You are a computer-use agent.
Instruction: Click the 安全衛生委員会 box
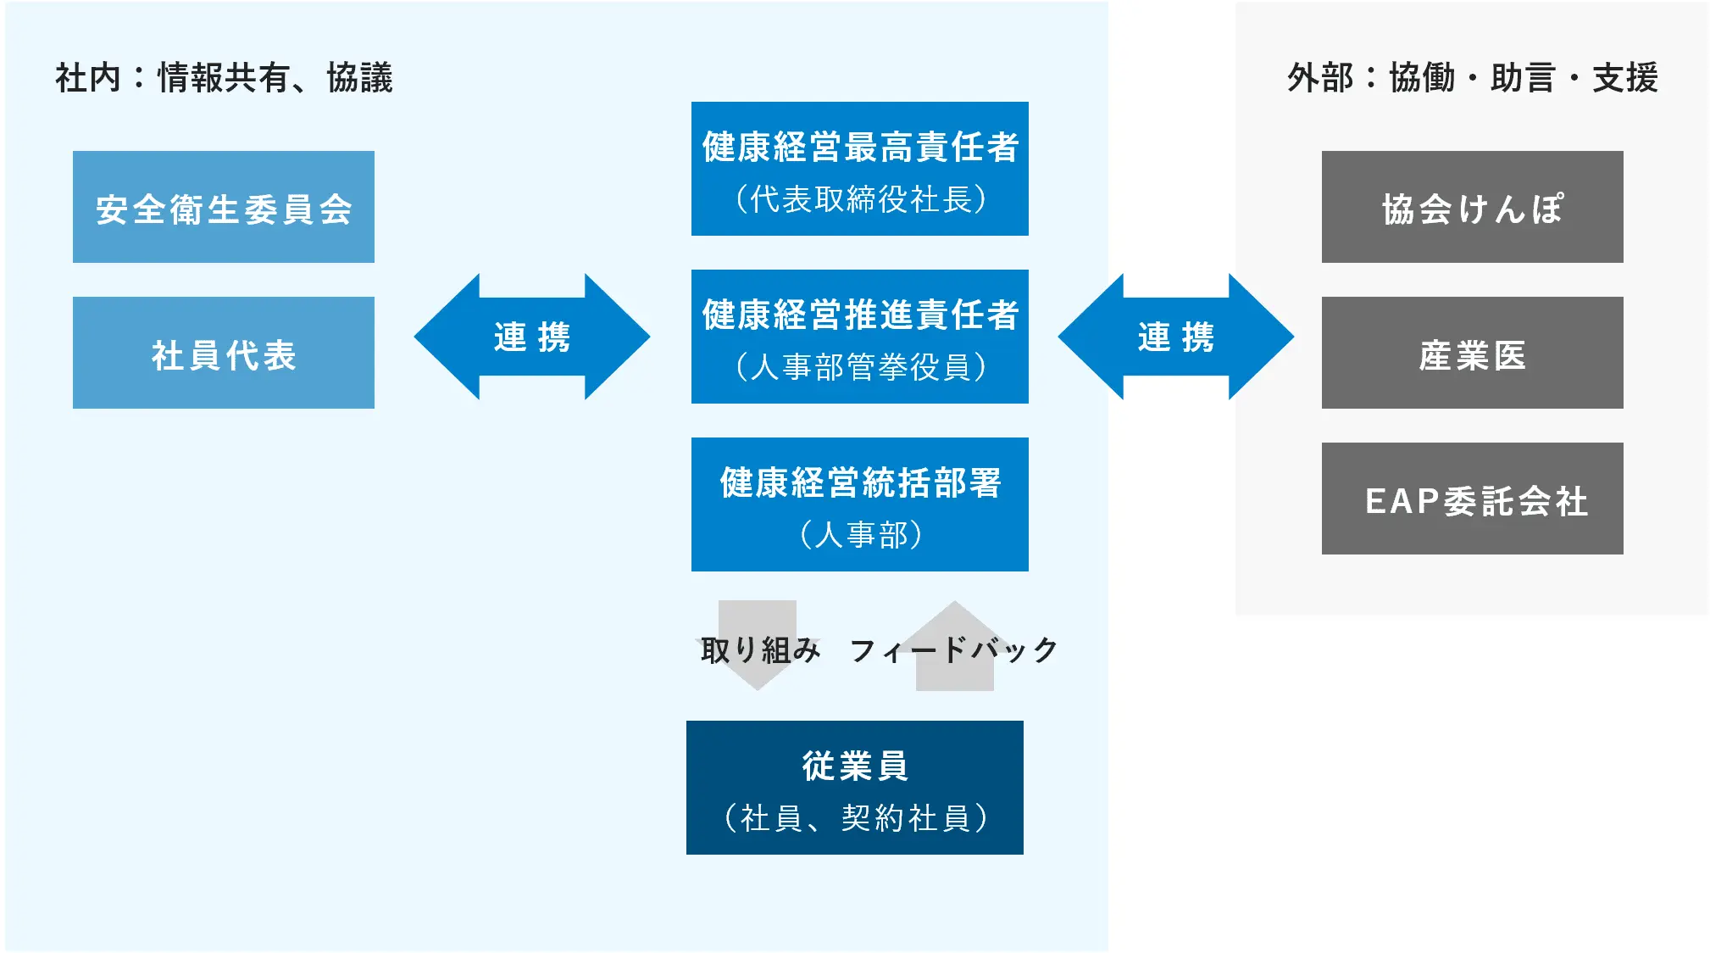(x=223, y=207)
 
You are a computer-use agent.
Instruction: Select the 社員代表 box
(x=223, y=353)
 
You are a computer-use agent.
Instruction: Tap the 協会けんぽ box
(x=1472, y=207)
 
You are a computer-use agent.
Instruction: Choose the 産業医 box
(x=1472, y=353)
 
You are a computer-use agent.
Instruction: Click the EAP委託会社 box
(x=1472, y=499)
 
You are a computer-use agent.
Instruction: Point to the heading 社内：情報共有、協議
(x=224, y=78)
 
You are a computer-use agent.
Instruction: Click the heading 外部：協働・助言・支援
(x=1472, y=78)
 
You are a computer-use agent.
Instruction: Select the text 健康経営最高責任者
(x=859, y=147)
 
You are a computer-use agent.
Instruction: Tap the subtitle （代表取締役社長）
(x=859, y=199)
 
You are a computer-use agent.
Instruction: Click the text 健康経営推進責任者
(x=859, y=315)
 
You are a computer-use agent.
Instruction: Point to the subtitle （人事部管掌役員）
(x=859, y=367)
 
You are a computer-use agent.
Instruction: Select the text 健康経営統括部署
(x=859, y=482)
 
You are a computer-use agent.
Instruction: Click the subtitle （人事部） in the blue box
(x=859, y=535)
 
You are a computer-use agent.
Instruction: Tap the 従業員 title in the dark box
(x=854, y=766)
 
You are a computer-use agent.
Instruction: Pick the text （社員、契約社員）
(x=854, y=818)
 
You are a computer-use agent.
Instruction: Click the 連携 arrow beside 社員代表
(x=531, y=337)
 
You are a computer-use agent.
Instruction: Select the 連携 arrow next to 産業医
(x=1175, y=337)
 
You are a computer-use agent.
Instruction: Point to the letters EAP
(x=1402, y=501)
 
